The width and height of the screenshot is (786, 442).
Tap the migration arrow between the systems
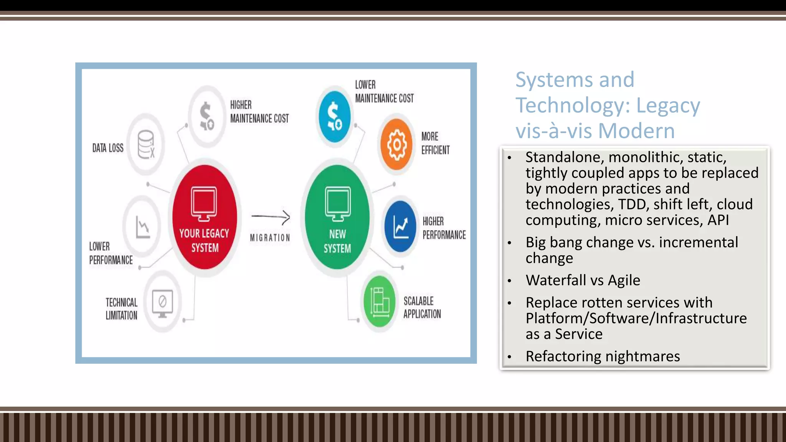point(271,217)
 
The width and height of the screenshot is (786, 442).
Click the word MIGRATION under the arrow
point(270,238)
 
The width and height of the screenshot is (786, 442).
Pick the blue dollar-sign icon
point(334,116)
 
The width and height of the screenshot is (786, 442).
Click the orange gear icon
point(396,145)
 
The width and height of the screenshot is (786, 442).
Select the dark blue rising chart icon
point(400,226)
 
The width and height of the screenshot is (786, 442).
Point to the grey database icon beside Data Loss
point(146,145)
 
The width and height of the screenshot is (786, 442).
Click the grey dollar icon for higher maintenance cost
point(207,116)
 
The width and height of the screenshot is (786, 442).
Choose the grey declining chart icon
point(142,227)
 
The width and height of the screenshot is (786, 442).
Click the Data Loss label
point(108,148)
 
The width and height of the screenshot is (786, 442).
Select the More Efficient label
point(435,143)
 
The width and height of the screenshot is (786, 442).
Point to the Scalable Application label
point(422,307)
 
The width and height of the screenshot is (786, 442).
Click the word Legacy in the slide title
point(668,106)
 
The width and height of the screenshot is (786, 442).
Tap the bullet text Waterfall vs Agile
point(583,280)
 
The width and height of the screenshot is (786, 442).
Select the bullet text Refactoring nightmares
point(603,356)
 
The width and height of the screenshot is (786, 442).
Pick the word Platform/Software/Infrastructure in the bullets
point(636,318)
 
